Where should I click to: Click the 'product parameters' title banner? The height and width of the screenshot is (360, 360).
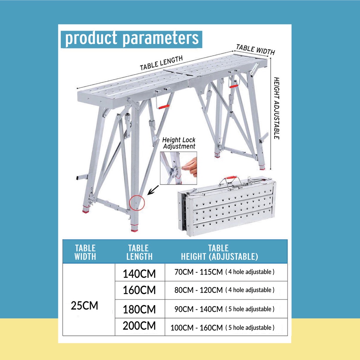tap(131, 39)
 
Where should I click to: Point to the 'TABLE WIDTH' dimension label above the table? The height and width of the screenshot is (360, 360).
tap(255, 49)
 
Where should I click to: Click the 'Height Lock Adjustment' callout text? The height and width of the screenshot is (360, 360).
tap(179, 143)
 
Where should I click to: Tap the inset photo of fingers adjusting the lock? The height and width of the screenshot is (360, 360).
tap(179, 168)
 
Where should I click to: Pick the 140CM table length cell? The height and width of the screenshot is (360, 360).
tap(139, 273)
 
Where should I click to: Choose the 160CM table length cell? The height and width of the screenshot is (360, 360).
tap(139, 290)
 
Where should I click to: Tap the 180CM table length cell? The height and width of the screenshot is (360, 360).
tap(139, 309)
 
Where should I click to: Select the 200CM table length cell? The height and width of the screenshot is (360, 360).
tap(139, 326)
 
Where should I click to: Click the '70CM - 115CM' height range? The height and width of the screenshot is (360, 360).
tap(199, 272)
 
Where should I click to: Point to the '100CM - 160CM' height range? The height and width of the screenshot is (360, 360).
tap(197, 328)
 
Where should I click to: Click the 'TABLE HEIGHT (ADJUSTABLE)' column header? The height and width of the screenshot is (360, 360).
tap(219, 252)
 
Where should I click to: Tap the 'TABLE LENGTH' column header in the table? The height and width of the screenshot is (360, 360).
tap(139, 252)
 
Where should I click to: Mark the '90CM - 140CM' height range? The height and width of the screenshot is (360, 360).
tap(199, 309)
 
